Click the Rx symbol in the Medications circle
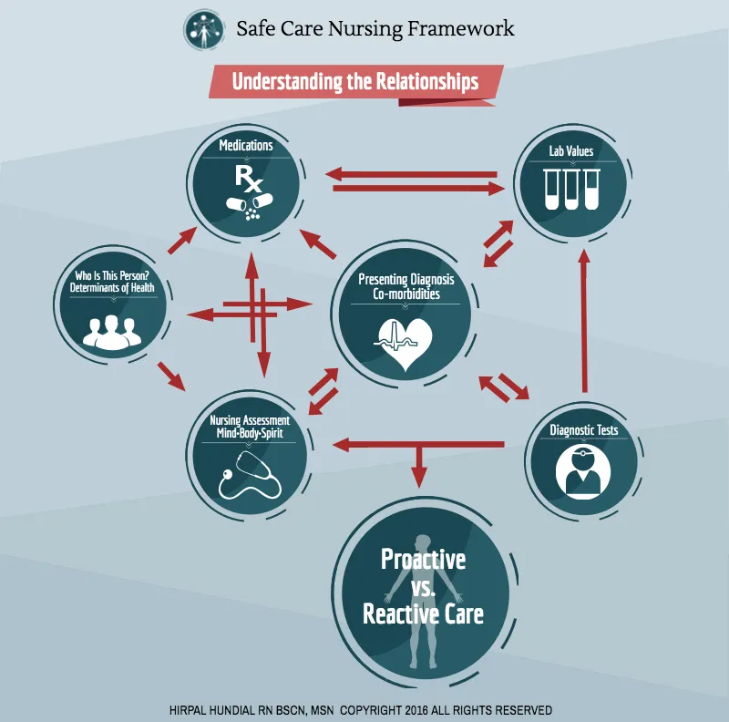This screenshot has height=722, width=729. pos(248,179)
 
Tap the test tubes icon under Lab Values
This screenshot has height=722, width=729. pos(571,189)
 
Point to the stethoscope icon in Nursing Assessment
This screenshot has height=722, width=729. pos(250,475)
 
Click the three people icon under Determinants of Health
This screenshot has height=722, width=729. pos(111,332)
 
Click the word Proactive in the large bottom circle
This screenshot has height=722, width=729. pos(423,559)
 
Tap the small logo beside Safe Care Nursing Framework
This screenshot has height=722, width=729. pos(203,29)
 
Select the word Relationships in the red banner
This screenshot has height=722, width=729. pos(426,81)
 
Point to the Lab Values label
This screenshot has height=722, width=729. pos(571,151)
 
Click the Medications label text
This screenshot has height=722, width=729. pos(246,146)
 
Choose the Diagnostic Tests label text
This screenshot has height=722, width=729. pos(584,430)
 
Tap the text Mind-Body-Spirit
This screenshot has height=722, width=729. pos(250,434)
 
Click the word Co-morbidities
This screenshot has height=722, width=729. pos(406,294)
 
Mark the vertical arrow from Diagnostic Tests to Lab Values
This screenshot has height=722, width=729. pos(584,322)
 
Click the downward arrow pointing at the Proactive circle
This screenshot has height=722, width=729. pos(419,466)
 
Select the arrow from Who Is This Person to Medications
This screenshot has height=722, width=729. pos(181,241)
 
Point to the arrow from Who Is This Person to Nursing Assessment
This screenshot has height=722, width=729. pos(171,376)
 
